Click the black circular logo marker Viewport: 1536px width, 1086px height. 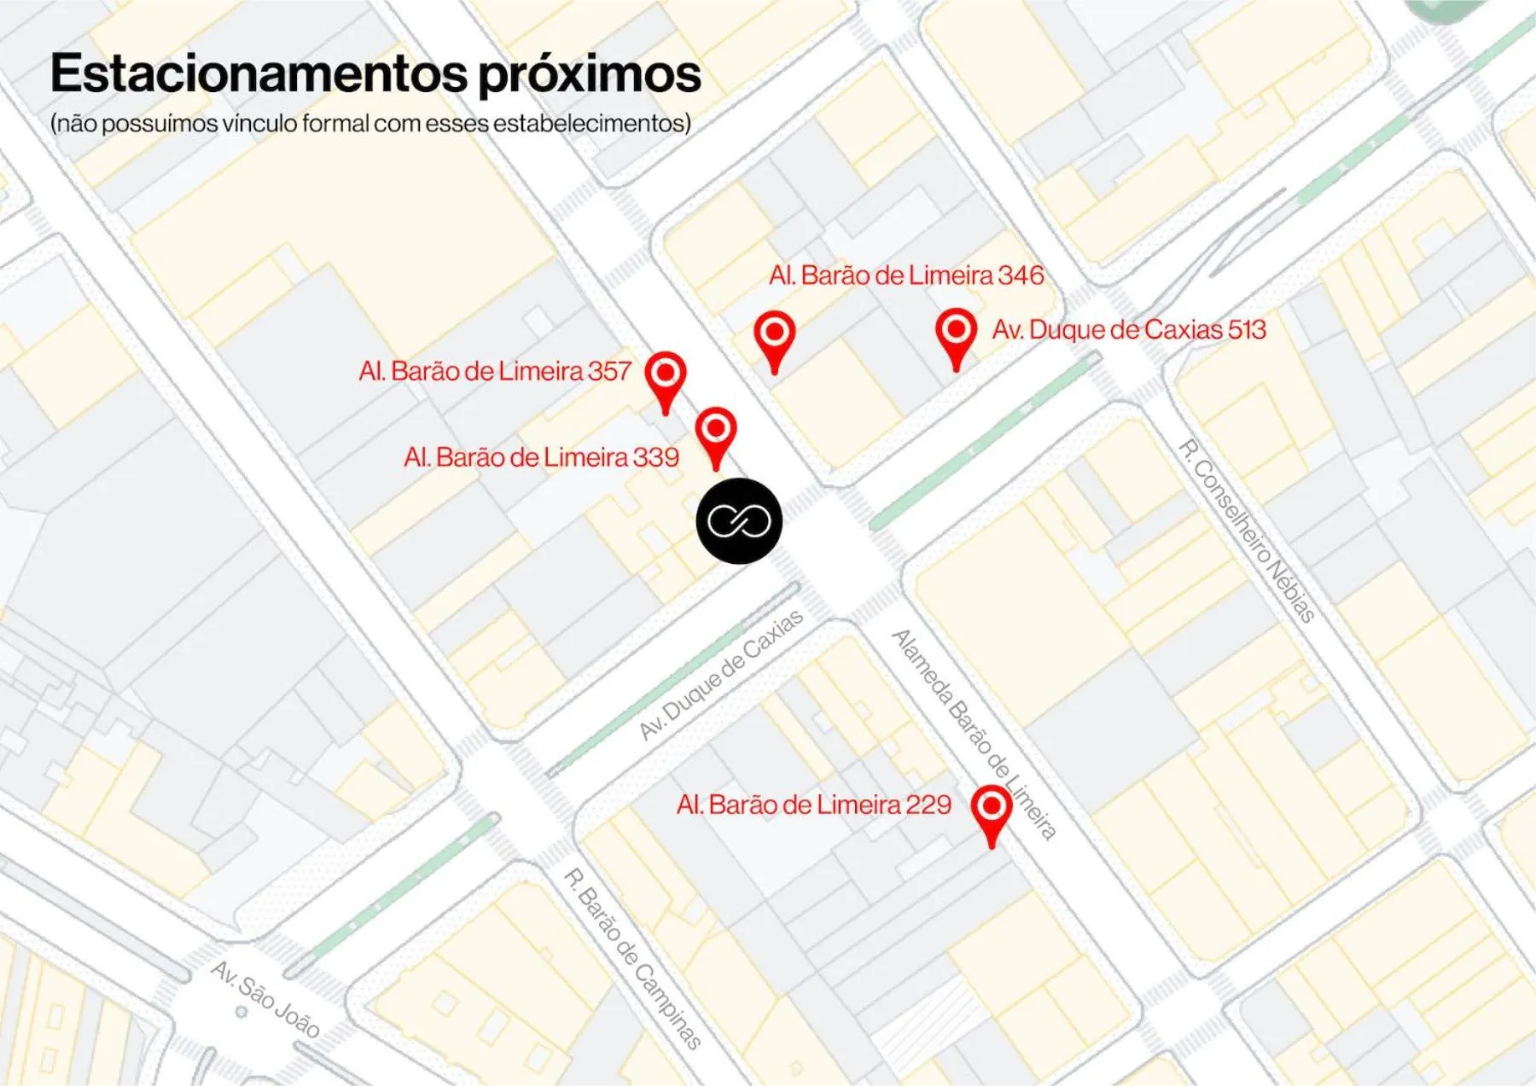(x=739, y=520)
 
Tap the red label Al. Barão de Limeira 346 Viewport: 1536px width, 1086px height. (x=906, y=276)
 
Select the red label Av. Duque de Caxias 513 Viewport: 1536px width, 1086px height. (x=1128, y=330)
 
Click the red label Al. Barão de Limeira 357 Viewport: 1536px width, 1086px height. (x=495, y=371)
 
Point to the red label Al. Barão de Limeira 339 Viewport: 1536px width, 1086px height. (x=542, y=457)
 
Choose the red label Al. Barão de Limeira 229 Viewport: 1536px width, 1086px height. (x=813, y=804)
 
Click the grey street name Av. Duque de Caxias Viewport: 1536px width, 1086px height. (x=722, y=674)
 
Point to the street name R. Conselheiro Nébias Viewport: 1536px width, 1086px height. (x=1247, y=531)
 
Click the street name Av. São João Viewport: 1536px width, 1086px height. (x=265, y=999)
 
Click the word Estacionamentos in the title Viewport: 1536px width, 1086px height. (x=259, y=73)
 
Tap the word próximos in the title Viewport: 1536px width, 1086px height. (x=589, y=75)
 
